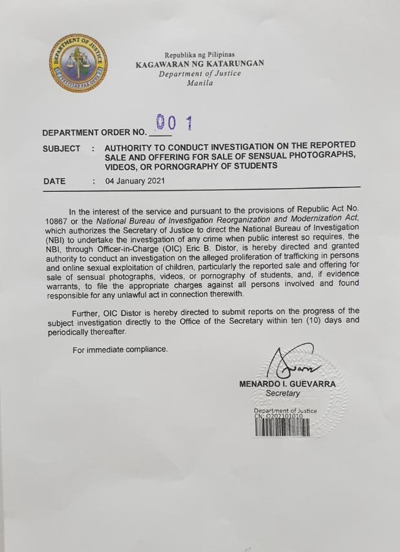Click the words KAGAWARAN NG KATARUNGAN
point(199,64)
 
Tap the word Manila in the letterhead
point(199,84)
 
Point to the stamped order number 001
point(175,123)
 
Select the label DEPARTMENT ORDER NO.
point(94,133)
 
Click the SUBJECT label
point(62,149)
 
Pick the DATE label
point(54,182)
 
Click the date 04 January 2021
point(135,182)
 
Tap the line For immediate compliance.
point(121,350)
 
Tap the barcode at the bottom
point(282,429)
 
